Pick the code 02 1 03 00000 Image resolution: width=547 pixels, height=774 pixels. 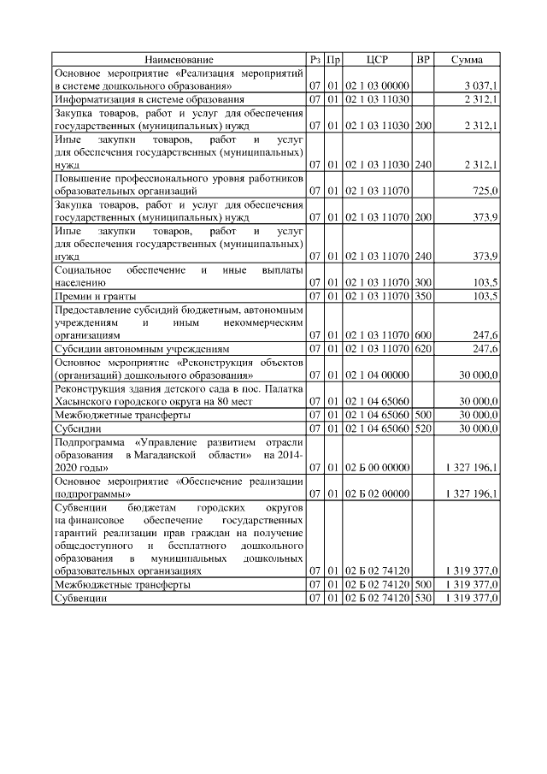(x=377, y=86)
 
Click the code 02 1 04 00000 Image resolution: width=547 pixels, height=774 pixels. (x=377, y=375)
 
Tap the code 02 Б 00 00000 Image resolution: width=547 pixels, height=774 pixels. (x=377, y=467)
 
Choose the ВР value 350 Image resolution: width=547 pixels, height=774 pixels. (x=422, y=296)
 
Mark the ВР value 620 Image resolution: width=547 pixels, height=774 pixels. (x=422, y=349)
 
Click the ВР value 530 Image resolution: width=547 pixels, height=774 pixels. (x=422, y=598)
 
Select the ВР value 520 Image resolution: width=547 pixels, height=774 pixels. (x=422, y=428)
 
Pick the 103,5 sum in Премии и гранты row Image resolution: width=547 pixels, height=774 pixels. (x=485, y=296)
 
